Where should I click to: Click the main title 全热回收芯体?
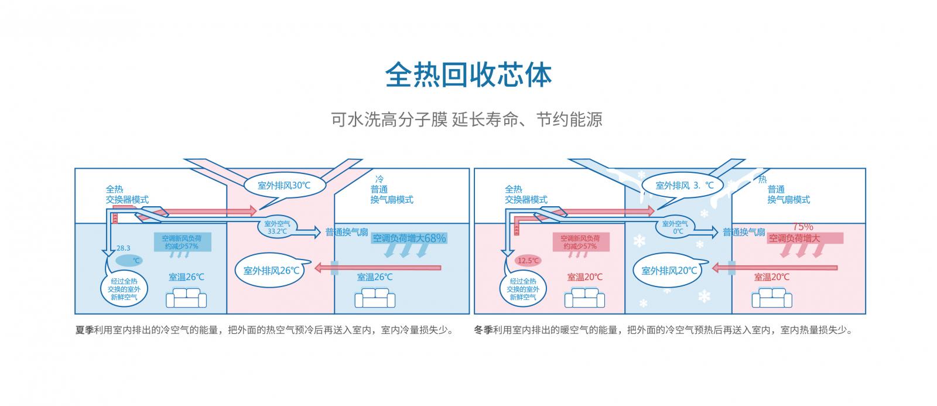click(x=468, y=74)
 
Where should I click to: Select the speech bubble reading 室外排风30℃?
click(x=284, y=185)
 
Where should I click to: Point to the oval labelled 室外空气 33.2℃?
click(x=277, y=227)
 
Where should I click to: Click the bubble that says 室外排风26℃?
click(x=271, y=271)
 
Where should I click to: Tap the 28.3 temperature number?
click(x=124, y=248)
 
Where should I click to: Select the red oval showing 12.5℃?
click(x=529, y=261)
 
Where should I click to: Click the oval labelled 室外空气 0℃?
click(x=675, y=227)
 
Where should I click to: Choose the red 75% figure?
click(x=803, y=227)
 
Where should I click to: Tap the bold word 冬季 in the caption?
click(x=483, y=330)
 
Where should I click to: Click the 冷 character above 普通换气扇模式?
click(x=379, y=179)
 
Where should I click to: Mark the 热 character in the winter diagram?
click(x=762, y=179)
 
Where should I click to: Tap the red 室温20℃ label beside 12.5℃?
click(x=584, y=277)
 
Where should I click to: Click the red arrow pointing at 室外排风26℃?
click(x=378, y=268)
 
